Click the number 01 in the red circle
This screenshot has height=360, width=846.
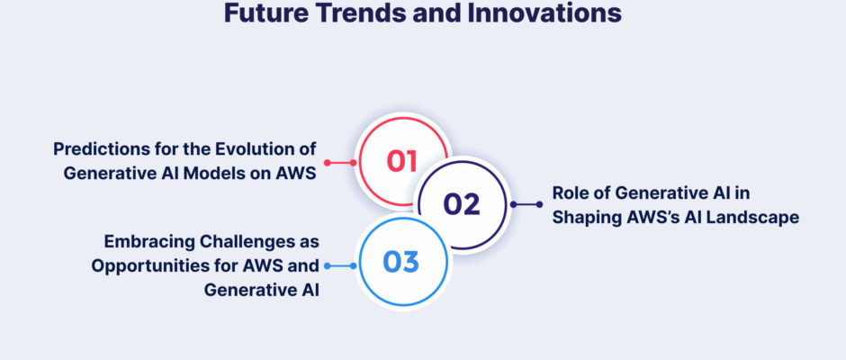tap(402, 161)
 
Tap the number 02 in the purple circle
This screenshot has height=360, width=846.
tap(462, 204)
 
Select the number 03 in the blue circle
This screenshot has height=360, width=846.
tap(400, 262)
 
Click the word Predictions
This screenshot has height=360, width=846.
tap(101, 149)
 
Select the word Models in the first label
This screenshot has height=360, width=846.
tap(210, 174)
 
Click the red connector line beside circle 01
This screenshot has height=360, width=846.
tap(340, 163)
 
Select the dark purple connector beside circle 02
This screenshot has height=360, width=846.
tap(526, 204)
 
